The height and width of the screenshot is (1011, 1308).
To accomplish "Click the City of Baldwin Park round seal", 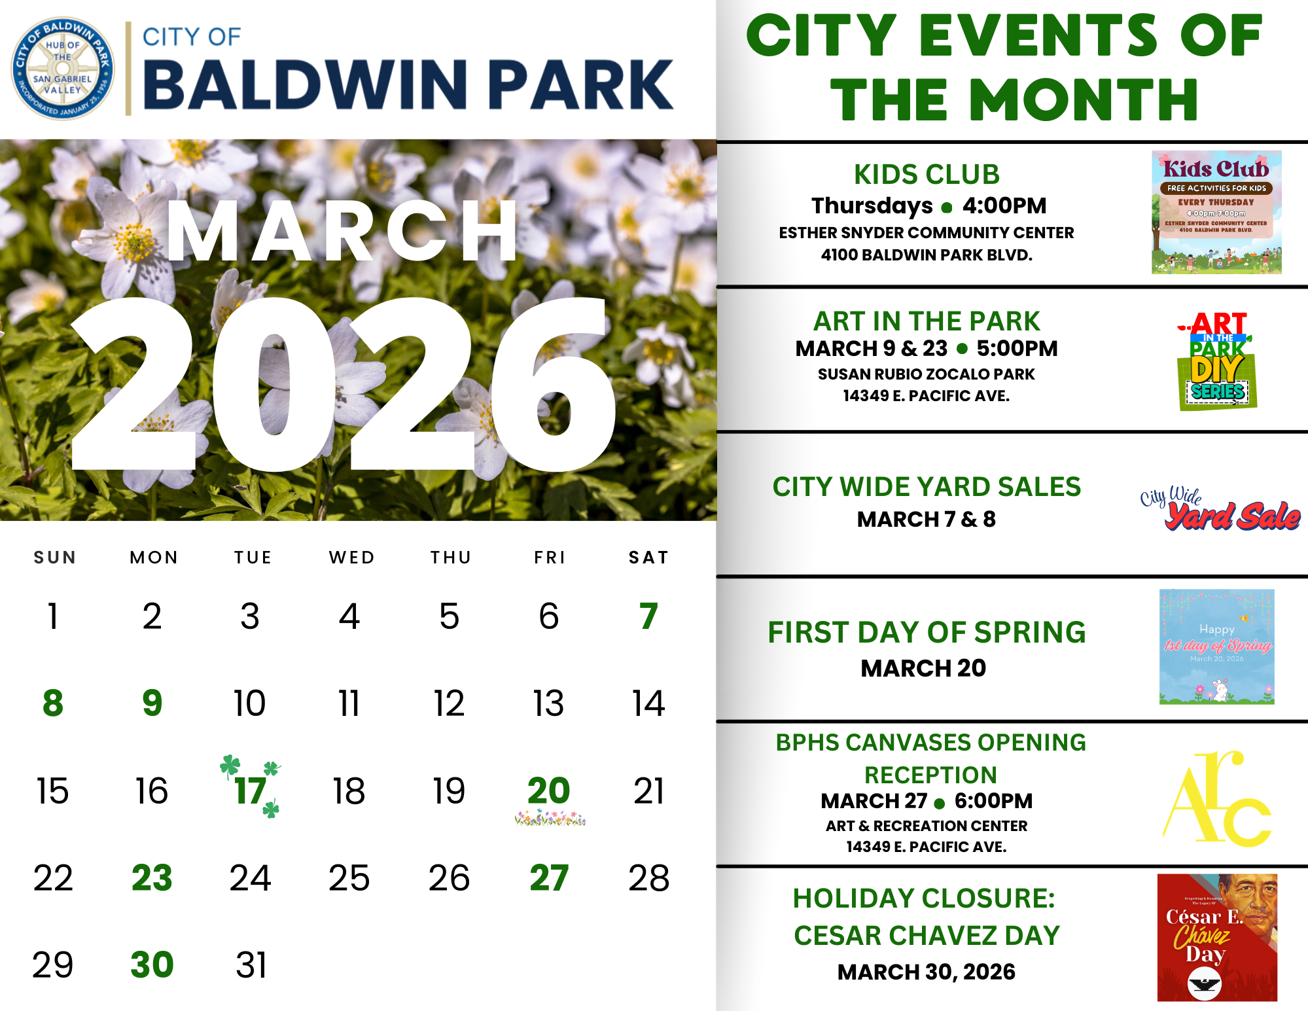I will [63, 68].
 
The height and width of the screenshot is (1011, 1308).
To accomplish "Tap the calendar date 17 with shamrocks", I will [251, 791].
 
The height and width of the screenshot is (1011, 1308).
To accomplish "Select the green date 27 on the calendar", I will [548, 878].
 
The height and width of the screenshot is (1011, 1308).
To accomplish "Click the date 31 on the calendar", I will [251, 965].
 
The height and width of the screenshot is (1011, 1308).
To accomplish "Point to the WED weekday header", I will [351, 558].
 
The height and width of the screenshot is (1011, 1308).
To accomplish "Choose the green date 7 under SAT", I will [648, 616].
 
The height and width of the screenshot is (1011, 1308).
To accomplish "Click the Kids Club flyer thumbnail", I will [1216, 212].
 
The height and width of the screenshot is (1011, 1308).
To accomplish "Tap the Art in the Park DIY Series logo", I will [1216, 361].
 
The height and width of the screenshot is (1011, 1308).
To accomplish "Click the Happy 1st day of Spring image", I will [1216, 647].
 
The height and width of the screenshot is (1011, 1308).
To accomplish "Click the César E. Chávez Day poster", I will [1216, 937].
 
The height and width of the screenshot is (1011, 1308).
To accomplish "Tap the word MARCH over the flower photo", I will [342, 232].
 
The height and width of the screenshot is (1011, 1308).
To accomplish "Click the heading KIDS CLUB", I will [927, 175].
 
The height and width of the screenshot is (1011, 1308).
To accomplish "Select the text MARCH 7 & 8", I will [926, 520].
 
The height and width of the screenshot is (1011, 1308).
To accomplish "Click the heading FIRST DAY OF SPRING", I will [927, 633].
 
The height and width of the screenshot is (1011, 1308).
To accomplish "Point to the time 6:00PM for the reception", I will [993, 801].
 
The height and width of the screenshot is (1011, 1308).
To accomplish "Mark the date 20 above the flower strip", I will [548, 790].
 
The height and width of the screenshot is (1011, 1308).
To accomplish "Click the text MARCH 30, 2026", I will [926, 972].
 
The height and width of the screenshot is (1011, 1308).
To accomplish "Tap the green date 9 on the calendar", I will [152, 703].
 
